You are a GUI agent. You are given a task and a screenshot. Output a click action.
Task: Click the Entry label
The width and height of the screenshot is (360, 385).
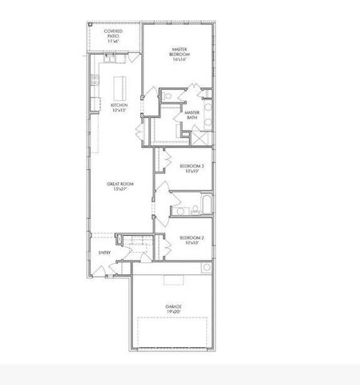coord(105,253)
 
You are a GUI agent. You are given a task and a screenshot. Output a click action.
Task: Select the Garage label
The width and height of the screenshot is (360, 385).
coord(174,306)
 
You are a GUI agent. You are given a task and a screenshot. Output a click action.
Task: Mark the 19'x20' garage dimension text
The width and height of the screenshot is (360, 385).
coord(174,311)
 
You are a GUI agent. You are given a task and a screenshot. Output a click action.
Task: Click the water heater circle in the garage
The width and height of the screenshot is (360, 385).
coord(206,267)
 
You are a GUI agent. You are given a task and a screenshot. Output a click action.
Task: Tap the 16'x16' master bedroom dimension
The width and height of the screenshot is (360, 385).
coord(179,59)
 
